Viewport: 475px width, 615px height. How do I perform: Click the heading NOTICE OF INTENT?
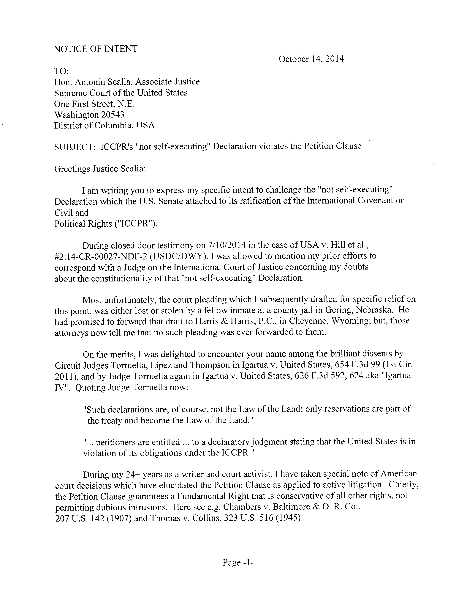(96, 49)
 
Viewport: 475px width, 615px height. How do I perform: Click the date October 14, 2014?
(311, 59)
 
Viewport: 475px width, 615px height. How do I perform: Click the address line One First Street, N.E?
(94, 104)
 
